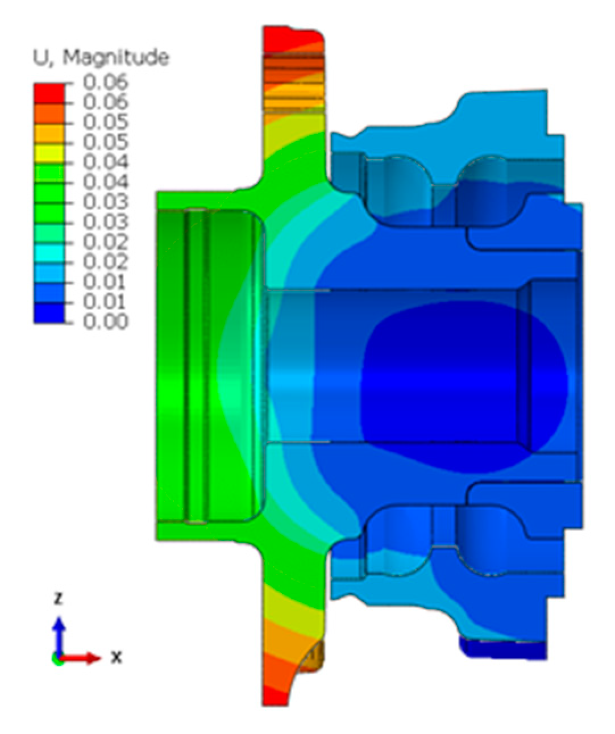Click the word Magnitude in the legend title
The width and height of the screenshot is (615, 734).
coord(116,58)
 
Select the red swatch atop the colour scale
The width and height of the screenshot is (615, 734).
coord(49,94)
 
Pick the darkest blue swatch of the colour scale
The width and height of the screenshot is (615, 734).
coord(49,313)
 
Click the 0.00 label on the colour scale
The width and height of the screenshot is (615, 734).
coord(106,322)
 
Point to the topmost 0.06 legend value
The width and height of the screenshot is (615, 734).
coord(106,82)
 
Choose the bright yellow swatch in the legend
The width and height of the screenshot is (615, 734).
coord(49,153)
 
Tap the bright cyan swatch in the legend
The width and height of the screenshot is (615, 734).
coord(49,253)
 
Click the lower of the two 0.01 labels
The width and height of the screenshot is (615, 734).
coord(106,302)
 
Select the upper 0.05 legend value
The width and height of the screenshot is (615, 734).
coord(106,122)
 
